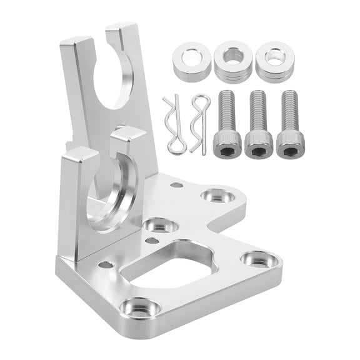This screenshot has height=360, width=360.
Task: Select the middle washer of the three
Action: (x=233, y=61)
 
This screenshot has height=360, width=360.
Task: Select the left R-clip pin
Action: (x=174, y=124)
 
